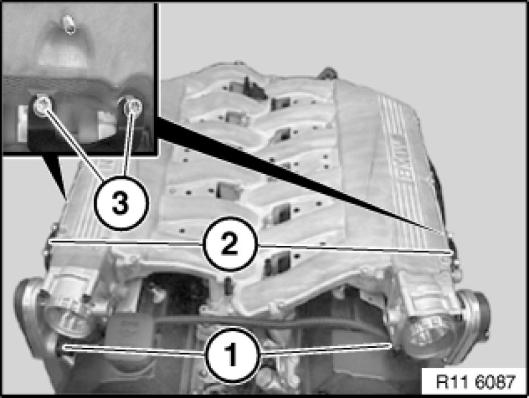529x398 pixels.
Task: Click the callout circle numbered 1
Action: tap(232, 355)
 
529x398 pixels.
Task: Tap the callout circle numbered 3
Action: tap(120, 203)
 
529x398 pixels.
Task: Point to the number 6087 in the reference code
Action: tap(495, 382)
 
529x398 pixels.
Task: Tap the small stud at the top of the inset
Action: tap(69, 24)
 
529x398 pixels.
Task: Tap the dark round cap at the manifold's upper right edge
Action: tap(327, 72)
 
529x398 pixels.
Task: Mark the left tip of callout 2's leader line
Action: tap(50, 242)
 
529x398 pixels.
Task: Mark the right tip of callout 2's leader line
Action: tap(451, 252)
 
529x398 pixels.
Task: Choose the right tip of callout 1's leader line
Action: tap(391, 345)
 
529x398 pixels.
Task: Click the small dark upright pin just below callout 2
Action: tap(228, 286)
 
